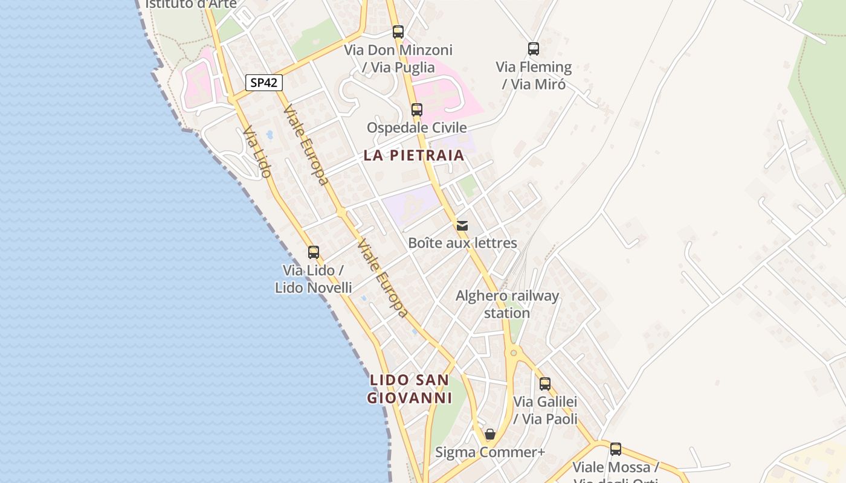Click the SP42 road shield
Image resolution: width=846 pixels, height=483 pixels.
point(264,83)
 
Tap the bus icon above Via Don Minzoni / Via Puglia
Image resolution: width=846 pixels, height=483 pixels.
point(398,32)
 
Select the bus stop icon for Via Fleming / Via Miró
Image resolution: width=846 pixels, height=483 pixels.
point(533,49)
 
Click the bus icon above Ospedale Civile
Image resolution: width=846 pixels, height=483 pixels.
point(417,110)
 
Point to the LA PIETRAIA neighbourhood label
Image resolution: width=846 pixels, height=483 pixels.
point(414,155)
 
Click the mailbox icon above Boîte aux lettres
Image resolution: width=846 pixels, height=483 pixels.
point(462,226)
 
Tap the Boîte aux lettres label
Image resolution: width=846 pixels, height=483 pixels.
point(462,243)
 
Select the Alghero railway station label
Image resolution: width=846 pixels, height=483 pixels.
point(507,304)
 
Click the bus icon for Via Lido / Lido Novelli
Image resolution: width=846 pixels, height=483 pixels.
point(314,252)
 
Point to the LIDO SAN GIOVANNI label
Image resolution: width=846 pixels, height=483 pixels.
point(410,389)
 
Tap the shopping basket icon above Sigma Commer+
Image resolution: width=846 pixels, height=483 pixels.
point(490,434)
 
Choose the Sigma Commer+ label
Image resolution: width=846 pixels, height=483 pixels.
point(490,452)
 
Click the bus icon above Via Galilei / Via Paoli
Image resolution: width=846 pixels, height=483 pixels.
point(545,383)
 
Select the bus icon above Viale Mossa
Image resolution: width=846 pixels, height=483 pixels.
point(616,449)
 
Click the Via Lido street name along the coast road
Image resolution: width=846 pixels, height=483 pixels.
point(257,152)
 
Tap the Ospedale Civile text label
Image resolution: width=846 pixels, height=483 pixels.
point(417,127)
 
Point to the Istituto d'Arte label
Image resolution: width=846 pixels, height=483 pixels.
point(191,4)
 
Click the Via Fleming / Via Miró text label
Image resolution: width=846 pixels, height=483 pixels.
point(534,75)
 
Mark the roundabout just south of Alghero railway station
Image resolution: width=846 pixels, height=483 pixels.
point(514,352)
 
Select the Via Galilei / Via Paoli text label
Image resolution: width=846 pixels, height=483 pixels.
point(545,410)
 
